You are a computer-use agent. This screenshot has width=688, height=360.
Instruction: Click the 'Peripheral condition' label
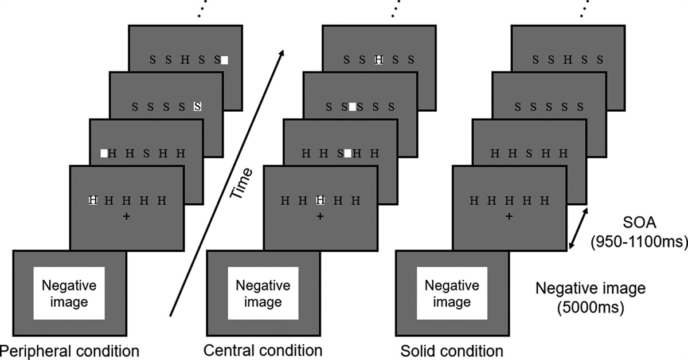tap(69, 350)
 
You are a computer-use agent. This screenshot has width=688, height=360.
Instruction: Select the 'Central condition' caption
tap(263, 350)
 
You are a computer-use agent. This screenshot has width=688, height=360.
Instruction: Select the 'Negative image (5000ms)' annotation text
tap(590, 297)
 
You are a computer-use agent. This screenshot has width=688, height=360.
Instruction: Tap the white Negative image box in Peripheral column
tap(69, 293)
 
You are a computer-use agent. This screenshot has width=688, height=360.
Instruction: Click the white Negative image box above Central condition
tap(263, 293)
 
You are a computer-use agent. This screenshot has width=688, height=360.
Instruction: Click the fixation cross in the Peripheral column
tap(126, 216)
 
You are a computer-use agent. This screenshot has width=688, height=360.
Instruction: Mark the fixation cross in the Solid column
tap(509, 216)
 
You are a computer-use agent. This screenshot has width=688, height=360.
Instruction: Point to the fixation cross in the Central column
tap(320, 216)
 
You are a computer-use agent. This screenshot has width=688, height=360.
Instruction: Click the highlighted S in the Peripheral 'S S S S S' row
tap(197, 106)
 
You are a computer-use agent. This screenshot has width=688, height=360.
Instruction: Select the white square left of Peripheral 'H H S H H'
tap(104, 153)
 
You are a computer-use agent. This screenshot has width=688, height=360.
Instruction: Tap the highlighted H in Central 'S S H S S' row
tap(378, 59)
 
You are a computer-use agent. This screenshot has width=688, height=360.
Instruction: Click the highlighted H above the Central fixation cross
tap(320, 200)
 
